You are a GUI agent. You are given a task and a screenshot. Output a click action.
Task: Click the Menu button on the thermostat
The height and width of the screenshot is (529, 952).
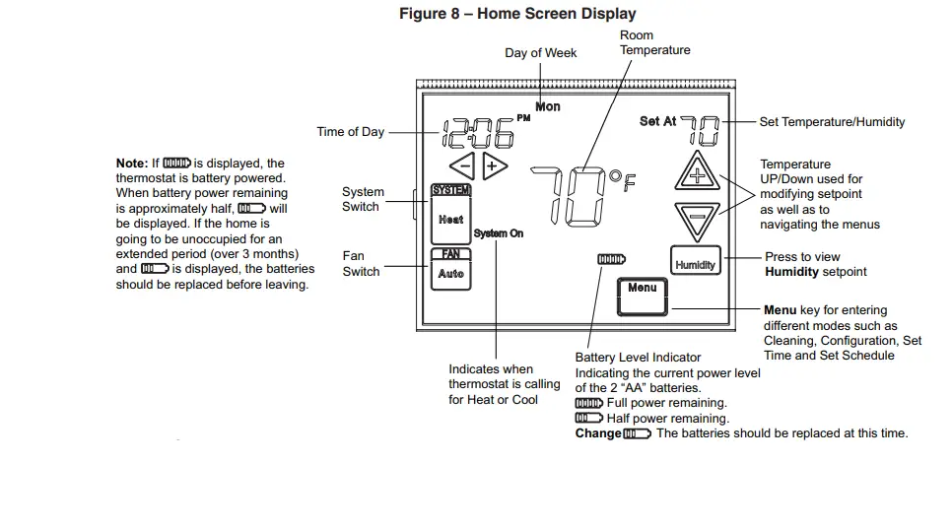[x=642, y=289]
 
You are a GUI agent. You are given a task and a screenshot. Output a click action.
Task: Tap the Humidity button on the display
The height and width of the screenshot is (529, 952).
[x=695, y=264]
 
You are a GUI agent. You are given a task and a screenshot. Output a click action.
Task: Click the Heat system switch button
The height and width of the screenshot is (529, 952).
[x=450, y=219]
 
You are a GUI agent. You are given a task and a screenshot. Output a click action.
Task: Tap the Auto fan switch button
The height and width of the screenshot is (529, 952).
[x=450, y=273]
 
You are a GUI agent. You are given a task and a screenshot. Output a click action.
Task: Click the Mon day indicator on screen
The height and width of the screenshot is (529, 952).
[x=548, y=106]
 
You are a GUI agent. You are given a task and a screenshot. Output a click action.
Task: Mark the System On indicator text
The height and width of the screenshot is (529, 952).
[x=498, y=233]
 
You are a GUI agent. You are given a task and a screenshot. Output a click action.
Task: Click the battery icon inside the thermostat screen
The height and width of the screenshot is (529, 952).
[x=611, y=259]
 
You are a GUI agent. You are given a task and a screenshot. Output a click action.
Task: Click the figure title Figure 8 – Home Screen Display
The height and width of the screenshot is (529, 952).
[x=517, y=14]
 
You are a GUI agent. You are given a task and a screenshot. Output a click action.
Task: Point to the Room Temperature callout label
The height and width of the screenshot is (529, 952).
[x=654, y=42]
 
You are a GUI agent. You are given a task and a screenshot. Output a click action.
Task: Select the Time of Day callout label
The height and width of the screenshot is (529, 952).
[x=350, y=132]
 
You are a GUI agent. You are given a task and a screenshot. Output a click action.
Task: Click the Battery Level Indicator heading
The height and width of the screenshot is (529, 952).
[x=638, y=358]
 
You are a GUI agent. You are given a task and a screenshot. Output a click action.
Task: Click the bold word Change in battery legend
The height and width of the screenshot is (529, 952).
[x=597, y=433]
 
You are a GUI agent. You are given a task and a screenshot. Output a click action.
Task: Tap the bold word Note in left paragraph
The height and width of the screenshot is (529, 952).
[x=131, y=164]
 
